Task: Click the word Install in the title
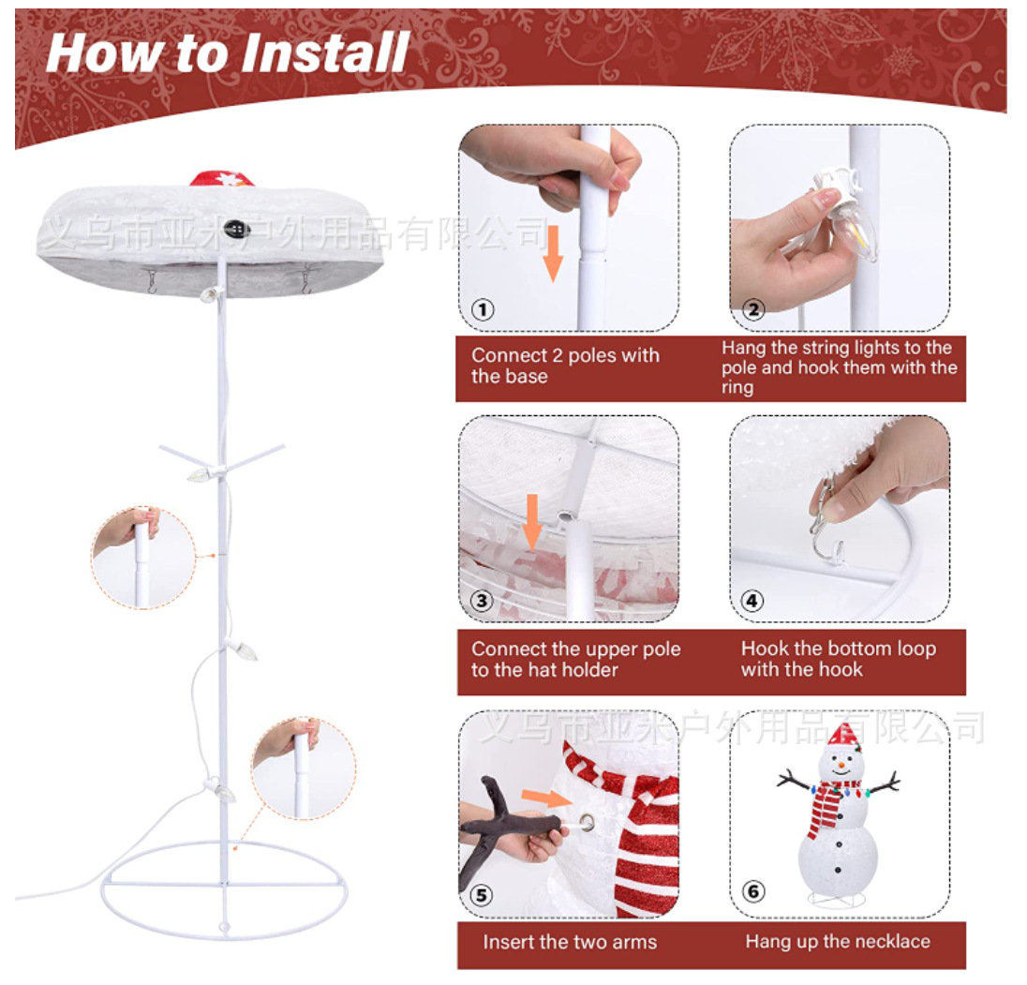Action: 325,52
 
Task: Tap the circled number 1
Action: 483,309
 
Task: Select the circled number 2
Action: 753,309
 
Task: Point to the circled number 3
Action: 482,600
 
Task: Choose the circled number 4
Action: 752,600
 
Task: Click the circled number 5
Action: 482,895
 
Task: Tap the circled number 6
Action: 753,891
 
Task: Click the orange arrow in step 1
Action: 553,253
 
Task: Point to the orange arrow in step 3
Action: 532,522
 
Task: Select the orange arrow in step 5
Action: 546,798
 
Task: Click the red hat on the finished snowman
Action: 842,736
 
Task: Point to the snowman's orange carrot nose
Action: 841,764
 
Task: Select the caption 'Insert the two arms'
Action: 570,942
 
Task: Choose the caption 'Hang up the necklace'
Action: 838,941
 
